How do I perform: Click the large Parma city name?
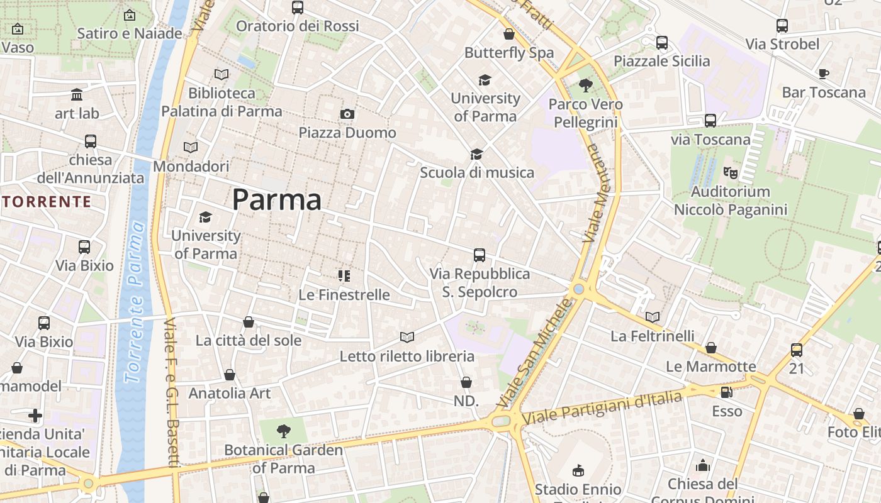pos(277,200)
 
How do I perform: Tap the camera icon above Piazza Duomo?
pos(347,114)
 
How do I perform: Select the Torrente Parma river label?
pos(136,302)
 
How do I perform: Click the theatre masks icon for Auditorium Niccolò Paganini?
pos(730,172)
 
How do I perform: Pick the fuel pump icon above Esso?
pos(726,392)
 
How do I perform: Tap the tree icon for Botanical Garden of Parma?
pos(284,431)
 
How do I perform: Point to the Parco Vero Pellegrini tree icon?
pos(585,85)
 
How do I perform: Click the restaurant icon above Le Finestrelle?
pos(344,275)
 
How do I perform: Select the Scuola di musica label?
pos(476,172)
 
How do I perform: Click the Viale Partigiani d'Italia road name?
pos(602,407)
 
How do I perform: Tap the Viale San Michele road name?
pos(537,352)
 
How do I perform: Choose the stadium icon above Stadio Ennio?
pos(578,470)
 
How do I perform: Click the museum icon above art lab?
pos(77,94)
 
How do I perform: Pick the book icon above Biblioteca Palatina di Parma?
pos(221,74)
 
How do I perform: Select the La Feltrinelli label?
pos(653,336)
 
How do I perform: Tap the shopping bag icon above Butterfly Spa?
pos(508,34)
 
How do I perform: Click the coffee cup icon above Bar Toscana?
pos(823,74)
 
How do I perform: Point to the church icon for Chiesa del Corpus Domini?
pos(702,465)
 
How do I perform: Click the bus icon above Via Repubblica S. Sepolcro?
pos(479,255)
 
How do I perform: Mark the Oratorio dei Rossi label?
pos(297,26)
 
